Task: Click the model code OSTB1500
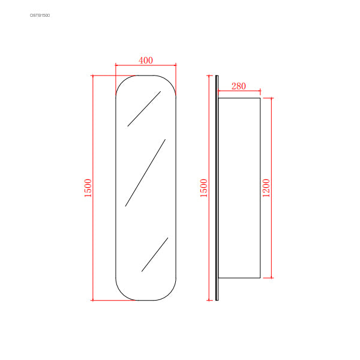click(40, 15)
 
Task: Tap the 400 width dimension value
click(146, 60)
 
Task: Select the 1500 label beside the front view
click(88, 188)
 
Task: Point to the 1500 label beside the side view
click(203, 188)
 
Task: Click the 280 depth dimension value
click(238, 86)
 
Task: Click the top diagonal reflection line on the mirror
click(144, 109)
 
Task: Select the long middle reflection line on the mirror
click(145, 173)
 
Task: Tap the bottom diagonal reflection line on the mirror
click(155, 254)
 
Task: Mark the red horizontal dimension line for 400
click(146, 65)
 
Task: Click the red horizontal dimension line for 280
click(239, 92)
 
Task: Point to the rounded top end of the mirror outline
click(146, 76)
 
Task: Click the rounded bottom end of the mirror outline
click(146, 300)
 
